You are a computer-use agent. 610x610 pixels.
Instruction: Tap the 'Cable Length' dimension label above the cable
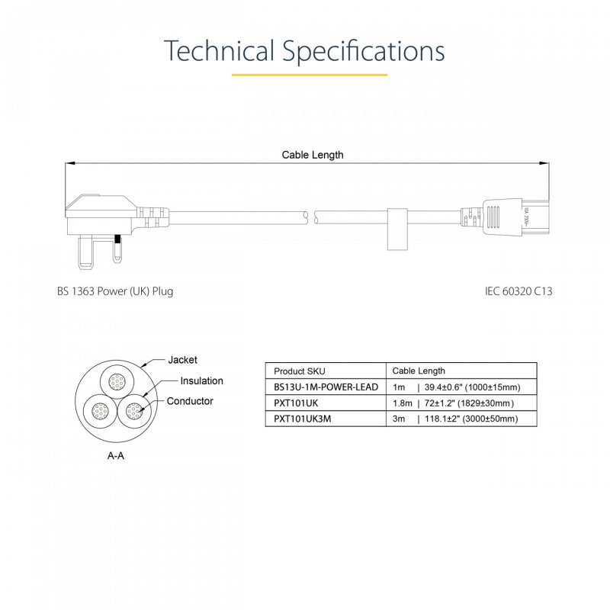point(313,155)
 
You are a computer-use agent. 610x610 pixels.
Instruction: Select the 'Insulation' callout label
point(201,381)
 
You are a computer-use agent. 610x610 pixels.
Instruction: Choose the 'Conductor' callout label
point(190,401)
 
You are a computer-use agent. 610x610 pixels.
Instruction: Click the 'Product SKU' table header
point(299,371)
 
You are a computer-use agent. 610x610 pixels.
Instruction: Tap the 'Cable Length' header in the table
point(419,371)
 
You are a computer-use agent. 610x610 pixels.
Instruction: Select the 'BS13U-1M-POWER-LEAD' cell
point(325,387)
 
